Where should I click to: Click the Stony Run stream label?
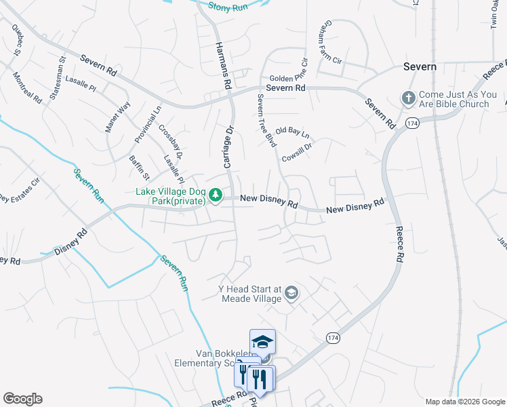(x=227, y=6)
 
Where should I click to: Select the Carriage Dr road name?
(x=228, y=146)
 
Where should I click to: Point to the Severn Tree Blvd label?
(x=266, y=120)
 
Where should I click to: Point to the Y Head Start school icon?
(x=291, y=292)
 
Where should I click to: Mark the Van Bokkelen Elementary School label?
(x=216, y=357)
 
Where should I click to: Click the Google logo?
(x=22, y=399)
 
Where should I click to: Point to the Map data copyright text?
(x=464, y=401)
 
